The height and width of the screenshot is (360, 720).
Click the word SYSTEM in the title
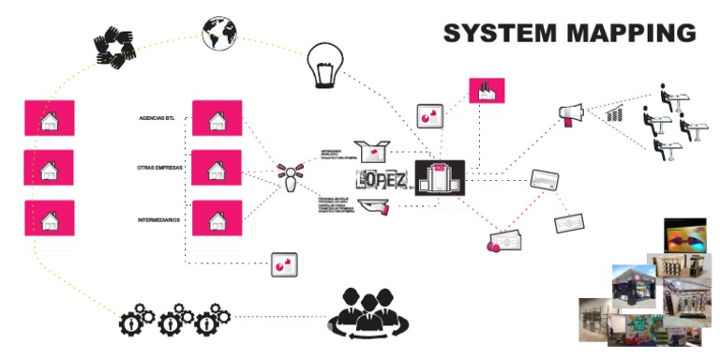click(500, 33)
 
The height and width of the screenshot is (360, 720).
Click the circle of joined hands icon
click(116, 45)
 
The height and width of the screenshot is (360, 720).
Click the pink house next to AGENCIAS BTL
click(217, 120)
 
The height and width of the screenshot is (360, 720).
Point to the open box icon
click(369, 151)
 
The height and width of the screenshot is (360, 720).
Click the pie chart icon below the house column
click(283, 265)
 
